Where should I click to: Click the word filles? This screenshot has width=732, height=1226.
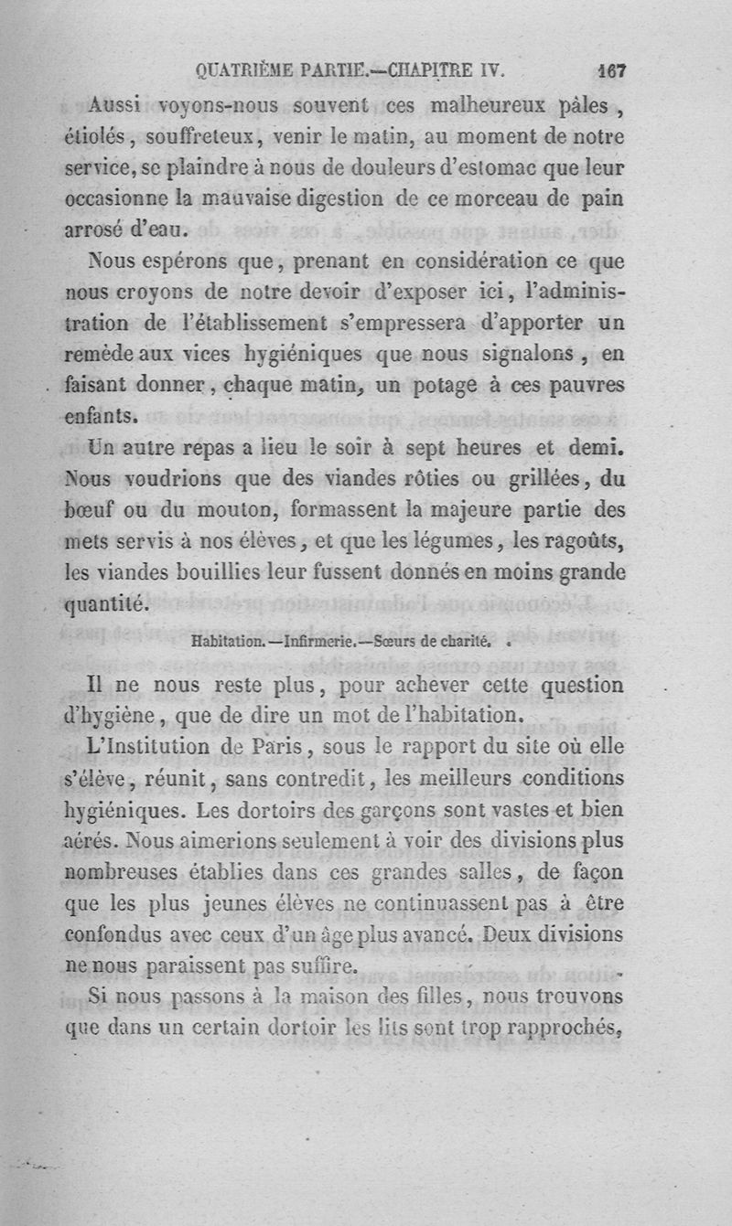[x=430, y=997]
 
